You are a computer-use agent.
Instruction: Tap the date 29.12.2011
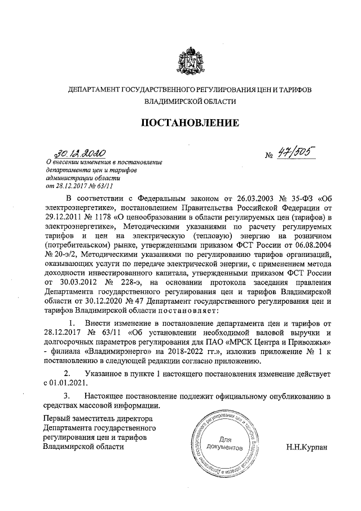pyautogui.click(x=64, y=217)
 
